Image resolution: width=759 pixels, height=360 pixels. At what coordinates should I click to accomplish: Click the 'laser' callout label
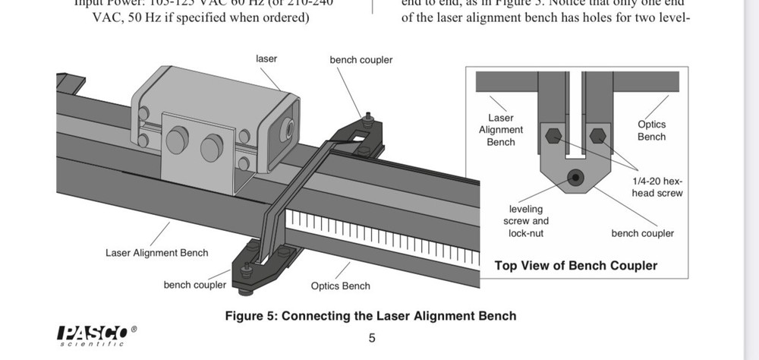tap(266, 58)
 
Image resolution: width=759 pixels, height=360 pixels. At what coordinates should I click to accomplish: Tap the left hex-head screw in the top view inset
tap(553, 137)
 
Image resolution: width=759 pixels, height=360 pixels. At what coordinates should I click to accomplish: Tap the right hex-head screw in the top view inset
tap(598, 137)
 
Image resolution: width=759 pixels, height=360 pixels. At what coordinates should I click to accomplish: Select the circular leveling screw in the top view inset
tap(575, 178)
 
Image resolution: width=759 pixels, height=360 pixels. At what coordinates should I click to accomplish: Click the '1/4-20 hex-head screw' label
tap(657, 187)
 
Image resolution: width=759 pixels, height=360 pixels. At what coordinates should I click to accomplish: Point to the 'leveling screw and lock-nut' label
tap(526, 221)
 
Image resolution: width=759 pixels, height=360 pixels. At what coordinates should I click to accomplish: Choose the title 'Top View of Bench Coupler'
tap(575, 266)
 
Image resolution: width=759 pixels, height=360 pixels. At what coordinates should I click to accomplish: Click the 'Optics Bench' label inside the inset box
tap(651, 131)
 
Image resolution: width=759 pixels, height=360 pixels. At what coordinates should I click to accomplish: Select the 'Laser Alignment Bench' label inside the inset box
tap(500, 130)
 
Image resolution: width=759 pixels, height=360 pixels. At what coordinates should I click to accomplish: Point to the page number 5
tap(372, 338)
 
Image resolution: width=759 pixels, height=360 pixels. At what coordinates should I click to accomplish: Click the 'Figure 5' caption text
tap(370, 316)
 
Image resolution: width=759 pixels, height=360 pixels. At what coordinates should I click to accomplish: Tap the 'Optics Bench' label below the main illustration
tap(341, 286)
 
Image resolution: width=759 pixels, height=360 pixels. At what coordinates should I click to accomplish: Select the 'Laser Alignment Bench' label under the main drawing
tap(156, 253)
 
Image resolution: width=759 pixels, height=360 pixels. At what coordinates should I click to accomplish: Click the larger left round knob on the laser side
tap(177, 141)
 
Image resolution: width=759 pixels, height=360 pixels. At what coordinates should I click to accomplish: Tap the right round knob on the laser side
tap(212, 147)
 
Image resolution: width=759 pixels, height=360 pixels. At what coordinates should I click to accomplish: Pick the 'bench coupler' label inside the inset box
tap(642, 233)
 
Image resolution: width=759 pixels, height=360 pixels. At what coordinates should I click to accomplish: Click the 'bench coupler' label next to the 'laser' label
tap(361, 59)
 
